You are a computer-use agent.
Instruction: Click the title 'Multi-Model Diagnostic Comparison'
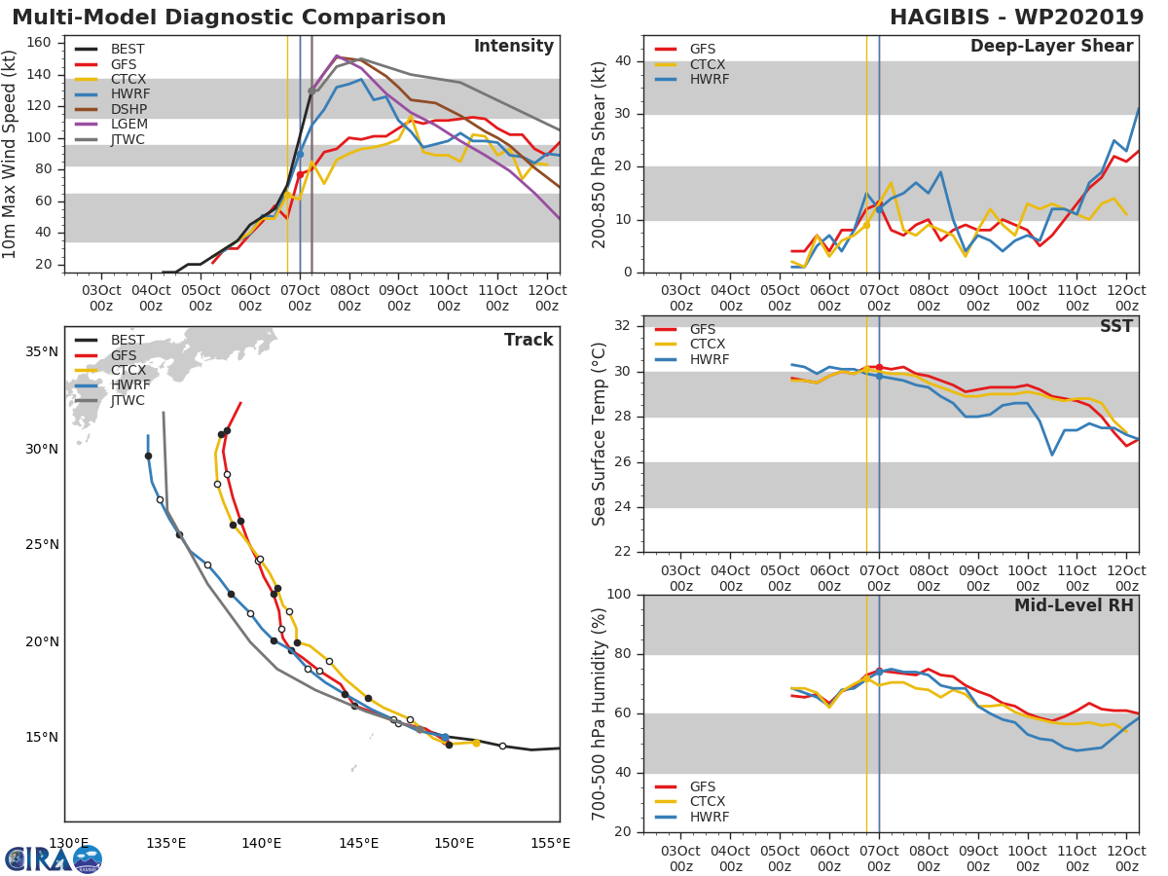pos(229,18)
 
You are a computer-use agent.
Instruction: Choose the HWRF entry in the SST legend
pos(709,359)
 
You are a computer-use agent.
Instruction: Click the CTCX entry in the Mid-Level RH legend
pos(709,801)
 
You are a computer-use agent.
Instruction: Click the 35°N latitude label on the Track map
pos(41,351)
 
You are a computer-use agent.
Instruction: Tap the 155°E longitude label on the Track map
pos(550,843)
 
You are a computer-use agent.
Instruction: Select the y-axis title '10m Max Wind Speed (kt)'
pos(11,155)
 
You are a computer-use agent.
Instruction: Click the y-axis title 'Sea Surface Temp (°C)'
pos(600,433)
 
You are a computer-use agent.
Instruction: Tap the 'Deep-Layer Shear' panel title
pos(1051,47)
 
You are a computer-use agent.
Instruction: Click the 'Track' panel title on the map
pos(528,340)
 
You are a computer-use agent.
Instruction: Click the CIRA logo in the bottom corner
pos(54,858)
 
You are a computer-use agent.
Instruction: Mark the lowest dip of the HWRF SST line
pos(1052,455)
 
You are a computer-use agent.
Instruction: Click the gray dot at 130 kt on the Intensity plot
pos(311,91)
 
